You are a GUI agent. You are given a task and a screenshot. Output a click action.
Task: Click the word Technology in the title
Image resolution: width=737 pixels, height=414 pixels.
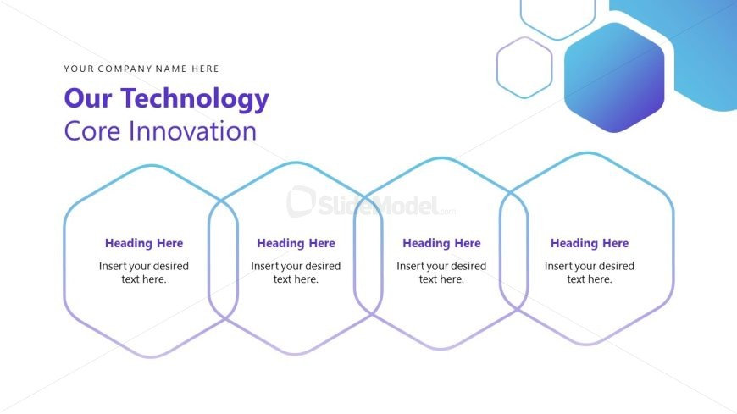coord(195,100)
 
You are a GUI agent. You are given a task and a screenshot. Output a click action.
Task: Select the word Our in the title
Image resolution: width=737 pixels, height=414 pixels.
coord(88,98)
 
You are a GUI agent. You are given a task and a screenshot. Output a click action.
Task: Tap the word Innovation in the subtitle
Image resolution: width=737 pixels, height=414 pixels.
coord(192,130)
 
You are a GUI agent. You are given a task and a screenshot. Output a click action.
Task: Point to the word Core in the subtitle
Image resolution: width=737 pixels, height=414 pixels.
coord(93,131)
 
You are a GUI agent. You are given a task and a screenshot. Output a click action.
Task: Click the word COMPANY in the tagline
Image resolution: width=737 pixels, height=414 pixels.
coord(125,69)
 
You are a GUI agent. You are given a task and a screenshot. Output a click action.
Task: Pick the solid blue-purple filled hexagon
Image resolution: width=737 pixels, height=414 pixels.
coord(614,78)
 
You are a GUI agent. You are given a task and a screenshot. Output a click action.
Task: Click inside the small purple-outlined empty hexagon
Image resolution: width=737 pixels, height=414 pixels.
coord(524,68)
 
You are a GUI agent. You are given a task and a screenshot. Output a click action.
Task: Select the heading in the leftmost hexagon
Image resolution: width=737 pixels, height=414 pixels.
coord(144,243)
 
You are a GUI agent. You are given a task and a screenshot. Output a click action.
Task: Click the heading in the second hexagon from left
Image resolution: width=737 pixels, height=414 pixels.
coord(296,243)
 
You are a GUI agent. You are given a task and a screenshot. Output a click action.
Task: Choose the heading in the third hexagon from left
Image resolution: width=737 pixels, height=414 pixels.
coord(441,243)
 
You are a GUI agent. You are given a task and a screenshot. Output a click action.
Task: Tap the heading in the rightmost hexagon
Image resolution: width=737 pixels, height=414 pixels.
coord(590,243)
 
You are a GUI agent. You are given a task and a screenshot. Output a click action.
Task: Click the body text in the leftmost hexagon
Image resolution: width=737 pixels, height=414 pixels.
coord(144,273)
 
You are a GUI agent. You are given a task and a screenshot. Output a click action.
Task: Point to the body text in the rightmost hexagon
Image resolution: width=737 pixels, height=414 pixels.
coord(590,273)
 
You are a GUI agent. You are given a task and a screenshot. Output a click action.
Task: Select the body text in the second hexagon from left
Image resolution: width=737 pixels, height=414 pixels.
coord(296,273)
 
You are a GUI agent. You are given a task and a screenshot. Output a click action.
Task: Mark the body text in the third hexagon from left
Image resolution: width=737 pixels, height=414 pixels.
coord(441,273)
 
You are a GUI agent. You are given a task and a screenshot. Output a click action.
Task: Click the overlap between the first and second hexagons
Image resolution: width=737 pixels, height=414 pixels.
coord(224,259)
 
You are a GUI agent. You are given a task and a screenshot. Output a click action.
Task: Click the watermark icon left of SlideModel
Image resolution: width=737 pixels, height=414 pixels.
coord(301,201)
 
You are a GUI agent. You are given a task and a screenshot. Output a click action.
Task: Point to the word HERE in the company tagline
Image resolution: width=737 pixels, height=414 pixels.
coord(205,69)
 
